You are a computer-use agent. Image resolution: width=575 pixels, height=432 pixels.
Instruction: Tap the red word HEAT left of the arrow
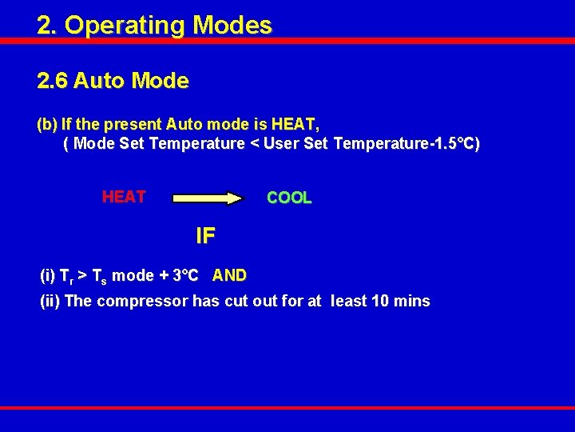124,197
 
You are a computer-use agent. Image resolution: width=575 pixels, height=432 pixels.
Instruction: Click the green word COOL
289,198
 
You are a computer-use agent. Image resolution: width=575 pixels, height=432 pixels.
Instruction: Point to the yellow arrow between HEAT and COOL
207,198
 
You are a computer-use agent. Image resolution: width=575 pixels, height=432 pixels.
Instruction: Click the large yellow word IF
205,236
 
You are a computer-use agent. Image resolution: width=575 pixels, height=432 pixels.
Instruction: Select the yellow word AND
229,276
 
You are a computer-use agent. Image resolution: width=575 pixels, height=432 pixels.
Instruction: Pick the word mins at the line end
413,302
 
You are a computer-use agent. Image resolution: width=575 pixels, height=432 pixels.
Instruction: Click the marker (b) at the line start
47,125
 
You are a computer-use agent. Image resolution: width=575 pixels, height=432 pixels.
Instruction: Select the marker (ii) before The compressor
50,302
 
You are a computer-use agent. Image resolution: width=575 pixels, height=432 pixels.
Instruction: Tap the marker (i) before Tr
47,276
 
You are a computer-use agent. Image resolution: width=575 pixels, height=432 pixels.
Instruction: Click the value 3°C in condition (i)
186,276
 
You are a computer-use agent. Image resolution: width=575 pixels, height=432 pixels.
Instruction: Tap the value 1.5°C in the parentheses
453,144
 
